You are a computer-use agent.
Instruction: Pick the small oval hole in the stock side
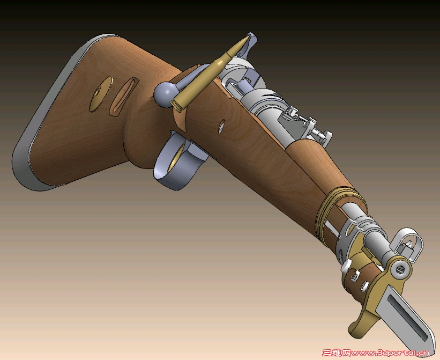coord(222,127)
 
